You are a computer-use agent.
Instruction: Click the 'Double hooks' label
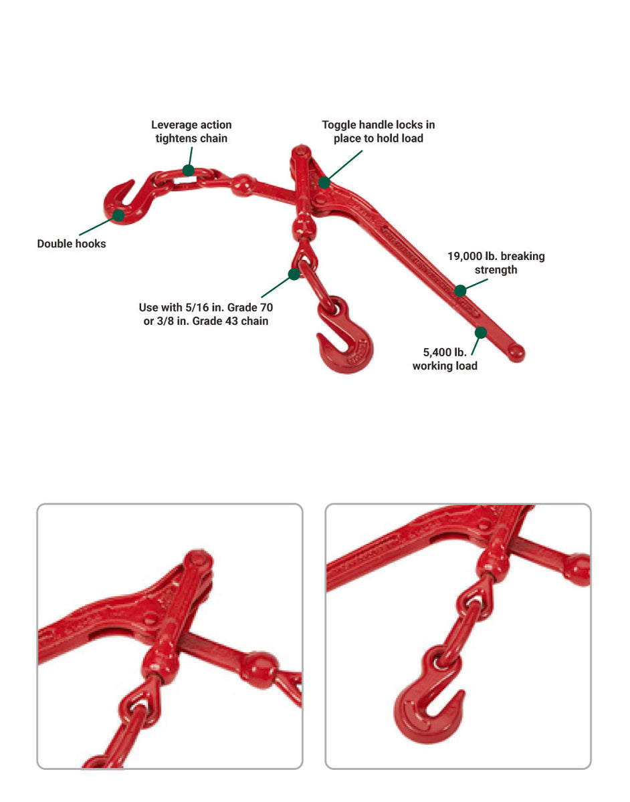point(72,244)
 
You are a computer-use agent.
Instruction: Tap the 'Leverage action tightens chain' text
point(191,132)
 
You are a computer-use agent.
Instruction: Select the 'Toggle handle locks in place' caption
point(379,132)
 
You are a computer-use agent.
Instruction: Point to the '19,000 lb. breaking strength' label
point(496,263)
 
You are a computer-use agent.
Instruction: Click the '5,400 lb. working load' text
point(445,359)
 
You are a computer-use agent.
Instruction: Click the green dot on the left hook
point(118,215)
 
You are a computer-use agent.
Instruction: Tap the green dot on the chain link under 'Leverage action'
point(189,170)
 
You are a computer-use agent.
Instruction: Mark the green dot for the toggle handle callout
point(324,182)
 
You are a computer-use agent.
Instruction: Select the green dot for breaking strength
point(460,291)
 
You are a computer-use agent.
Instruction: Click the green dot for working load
point(480,332)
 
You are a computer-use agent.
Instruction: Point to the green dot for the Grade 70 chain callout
point(293,273)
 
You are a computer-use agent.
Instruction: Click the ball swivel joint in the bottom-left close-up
point(257,669)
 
